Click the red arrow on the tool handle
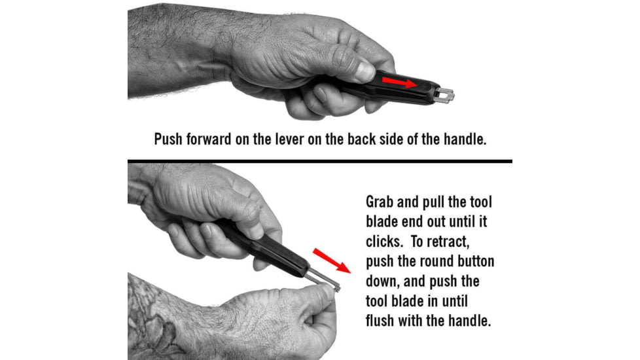point(399,82)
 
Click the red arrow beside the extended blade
point(332,260)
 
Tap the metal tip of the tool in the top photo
point(446,95)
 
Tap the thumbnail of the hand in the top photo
point(364,68)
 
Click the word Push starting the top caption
point(169,139)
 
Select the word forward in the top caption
point(213,139)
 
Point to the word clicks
point(383,242)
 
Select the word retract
point(464,242)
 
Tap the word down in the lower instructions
point(382,282)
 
